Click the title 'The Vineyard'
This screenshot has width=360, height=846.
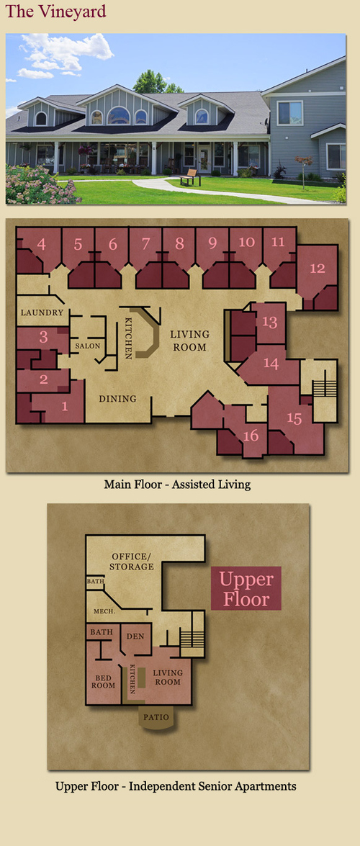click(55, 12)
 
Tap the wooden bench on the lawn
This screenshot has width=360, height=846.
click(191, 177)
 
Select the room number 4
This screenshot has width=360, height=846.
click(41, 244)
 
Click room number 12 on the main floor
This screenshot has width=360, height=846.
click(318, 267)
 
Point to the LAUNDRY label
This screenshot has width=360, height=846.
click(42, 312)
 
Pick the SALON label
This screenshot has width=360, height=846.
click(87, 346)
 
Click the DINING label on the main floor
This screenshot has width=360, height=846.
click(117, 399)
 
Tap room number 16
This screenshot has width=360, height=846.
click(251, 435)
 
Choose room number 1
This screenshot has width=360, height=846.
click(65, 407)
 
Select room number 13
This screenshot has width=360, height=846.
click(269, 322)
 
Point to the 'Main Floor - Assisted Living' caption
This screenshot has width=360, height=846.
click(177, 484)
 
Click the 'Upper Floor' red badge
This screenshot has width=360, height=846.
click(246, 588)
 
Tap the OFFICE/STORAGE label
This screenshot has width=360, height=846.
click(132, 562)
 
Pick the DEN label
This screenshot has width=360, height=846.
click(135, 636)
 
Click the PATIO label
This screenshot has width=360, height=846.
click(156, 718)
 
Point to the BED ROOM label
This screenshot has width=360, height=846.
click(106, 681)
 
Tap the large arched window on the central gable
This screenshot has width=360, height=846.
click(118, 115)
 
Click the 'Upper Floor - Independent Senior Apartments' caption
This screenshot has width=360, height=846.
click(176, 786)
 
